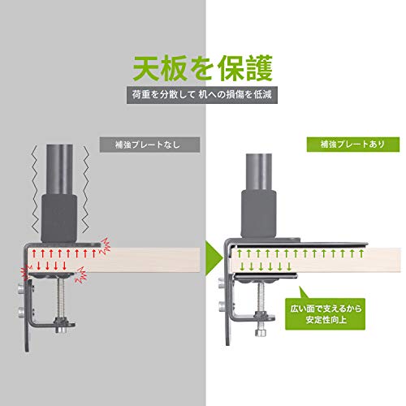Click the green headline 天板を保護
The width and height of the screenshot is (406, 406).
point(203,68)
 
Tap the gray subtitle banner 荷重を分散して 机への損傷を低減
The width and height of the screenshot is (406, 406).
point(202,95)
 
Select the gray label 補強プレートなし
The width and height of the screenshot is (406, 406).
point(149,145)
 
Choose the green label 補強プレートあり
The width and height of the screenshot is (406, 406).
point(353,145)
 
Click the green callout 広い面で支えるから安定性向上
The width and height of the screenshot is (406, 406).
point(325,314)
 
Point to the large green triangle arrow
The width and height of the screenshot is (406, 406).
point(214,258)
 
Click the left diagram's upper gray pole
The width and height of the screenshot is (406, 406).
point(59,170)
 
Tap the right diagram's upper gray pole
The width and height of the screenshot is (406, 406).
point(259,172)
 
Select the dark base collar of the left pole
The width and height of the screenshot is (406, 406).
point(59,218)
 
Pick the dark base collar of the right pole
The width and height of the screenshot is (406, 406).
point(259,214)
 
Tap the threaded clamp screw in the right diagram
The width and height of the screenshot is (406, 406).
point(262,297)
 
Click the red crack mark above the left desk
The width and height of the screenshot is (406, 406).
point(106,246)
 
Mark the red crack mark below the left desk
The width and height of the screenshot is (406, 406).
point(81,274)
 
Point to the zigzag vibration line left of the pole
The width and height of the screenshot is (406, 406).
point(36,189)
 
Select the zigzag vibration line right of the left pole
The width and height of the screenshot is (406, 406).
point(85,189)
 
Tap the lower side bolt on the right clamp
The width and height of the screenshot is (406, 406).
point(222,306)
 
